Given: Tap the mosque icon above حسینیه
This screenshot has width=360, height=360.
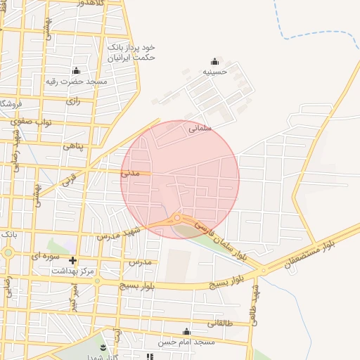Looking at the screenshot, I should [x=214, y=61].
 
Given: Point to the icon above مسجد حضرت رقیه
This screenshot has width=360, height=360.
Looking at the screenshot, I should [x=77, y=71].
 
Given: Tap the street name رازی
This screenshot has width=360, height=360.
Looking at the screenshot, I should [x=73, y=101].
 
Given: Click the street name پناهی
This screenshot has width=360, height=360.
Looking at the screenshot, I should [x=73, y=146].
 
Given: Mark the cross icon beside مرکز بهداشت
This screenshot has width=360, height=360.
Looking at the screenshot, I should [x=72, y=261].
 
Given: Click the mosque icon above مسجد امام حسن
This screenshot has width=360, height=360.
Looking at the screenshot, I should [x=186, y=332].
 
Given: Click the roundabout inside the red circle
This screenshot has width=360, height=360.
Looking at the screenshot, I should [x=177, y=218].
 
